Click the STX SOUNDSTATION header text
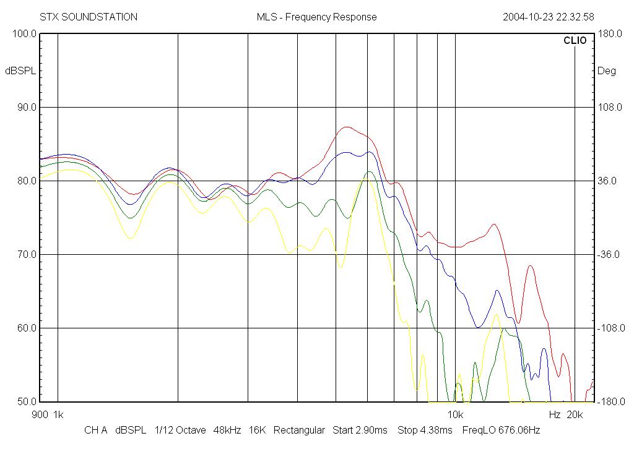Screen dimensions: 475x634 (89, 17)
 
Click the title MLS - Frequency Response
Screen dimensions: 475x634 (316, 17)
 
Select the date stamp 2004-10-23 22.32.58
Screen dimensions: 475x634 (548, 17)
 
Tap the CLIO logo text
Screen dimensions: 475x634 (575, 40)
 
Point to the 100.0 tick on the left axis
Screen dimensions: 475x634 (25, 33)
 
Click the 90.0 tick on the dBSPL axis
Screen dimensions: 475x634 (27, 107)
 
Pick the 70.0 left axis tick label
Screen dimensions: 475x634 (27, 254)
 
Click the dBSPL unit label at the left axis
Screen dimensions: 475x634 (20, 71)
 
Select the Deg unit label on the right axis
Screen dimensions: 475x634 (607, 71)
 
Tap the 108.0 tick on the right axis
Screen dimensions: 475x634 (610, 107)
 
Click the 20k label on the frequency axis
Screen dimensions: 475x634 (575, 414)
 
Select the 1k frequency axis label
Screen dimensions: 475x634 (58, 414)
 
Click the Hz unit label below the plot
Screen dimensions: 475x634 (554, 414)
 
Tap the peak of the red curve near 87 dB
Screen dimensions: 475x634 (347, 127)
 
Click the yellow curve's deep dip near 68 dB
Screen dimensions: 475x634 (341, 267)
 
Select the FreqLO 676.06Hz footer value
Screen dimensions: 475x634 (501, 430)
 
